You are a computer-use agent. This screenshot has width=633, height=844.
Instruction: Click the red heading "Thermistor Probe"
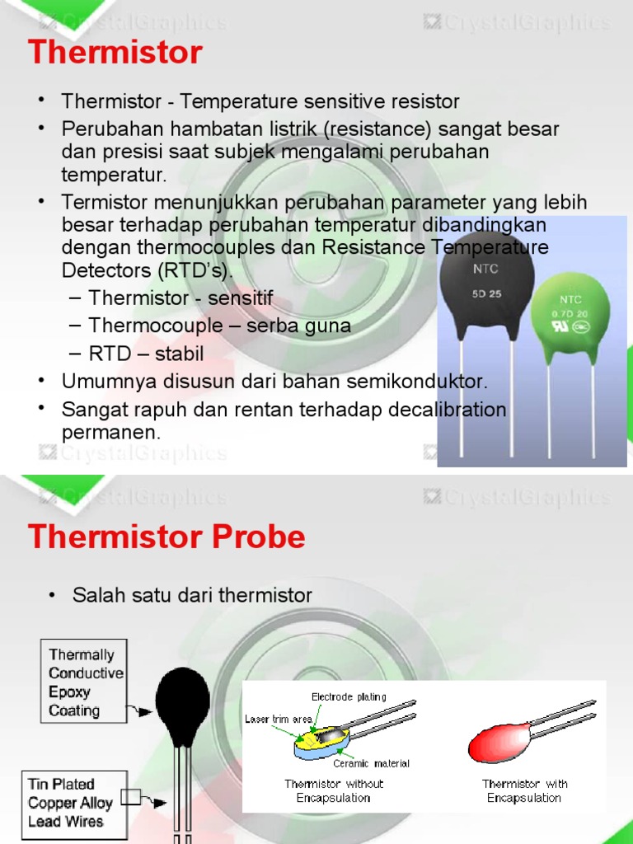(166, 537)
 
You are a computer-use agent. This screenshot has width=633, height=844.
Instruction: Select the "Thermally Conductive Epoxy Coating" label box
(85, 682)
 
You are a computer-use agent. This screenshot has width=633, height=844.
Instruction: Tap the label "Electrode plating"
(349, 697)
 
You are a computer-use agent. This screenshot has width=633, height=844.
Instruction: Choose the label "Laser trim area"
(278, 720)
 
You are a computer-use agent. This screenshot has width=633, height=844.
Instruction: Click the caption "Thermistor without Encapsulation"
(334, 790)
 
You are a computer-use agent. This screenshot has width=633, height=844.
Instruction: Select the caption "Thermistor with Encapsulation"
(524, 790)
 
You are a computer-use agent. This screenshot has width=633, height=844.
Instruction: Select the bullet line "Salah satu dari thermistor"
(192, 595)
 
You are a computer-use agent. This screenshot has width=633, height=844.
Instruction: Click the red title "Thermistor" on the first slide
(115, 53)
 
